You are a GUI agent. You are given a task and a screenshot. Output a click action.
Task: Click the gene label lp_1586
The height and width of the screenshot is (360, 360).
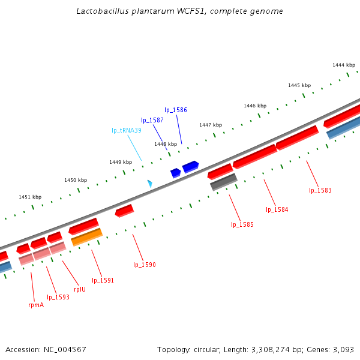176,110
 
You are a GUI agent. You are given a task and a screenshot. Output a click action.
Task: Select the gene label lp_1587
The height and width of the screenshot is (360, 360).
152,121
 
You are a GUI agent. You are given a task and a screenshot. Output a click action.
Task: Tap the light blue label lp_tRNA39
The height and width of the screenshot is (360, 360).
127,131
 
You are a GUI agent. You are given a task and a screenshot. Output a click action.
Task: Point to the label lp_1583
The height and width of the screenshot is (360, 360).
320,191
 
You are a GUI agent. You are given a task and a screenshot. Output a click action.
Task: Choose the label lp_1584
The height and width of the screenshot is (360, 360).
277,210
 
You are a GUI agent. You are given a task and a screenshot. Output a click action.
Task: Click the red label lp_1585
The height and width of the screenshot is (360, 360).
242,225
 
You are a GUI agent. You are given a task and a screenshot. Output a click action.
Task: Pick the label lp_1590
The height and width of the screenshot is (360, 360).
145,265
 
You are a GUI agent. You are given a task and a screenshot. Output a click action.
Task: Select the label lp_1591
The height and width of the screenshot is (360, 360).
103,280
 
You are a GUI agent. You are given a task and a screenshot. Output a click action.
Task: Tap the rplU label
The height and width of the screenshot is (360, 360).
80,289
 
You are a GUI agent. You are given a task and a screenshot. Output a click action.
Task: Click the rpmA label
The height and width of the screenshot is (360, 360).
36,305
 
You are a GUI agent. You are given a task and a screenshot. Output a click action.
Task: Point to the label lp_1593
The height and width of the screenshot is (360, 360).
58,297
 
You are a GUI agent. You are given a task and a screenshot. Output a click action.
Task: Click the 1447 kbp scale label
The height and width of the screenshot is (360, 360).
211,125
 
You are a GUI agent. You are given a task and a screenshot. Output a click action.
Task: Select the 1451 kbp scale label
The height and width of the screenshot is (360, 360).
30,197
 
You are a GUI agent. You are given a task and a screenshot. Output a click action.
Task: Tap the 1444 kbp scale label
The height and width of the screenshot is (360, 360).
344,65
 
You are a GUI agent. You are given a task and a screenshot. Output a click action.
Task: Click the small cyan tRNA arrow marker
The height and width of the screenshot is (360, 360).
149,183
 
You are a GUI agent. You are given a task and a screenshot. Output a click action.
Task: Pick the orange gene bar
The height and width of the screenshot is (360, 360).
87,237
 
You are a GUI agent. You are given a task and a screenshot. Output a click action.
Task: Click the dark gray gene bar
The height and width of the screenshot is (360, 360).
224,182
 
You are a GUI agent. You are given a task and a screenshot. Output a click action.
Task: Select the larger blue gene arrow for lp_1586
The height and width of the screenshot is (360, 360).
191,166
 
